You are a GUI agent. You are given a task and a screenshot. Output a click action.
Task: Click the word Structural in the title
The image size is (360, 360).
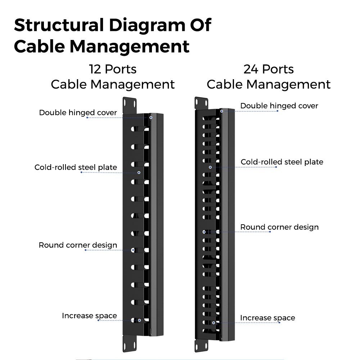click(x=59, y=25)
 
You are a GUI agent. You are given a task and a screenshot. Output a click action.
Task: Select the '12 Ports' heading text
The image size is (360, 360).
click(x=113, y=69)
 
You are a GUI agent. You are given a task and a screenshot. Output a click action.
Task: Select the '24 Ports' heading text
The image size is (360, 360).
click(x=269, y=69)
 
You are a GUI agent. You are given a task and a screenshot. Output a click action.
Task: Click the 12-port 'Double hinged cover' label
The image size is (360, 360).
click(x=78, y=112)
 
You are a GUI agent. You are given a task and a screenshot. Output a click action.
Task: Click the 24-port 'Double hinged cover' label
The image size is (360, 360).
click(x=279, y=105)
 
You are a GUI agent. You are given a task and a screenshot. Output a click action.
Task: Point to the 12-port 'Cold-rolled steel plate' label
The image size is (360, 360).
click(x=76, y=167)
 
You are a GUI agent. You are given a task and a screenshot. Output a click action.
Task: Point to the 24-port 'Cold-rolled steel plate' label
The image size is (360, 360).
click(x=282, y=162)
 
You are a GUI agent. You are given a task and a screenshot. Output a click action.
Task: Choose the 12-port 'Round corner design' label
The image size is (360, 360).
click(x=78, y=245)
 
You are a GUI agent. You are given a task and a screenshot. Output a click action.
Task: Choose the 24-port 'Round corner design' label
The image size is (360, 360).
click(x=279, y=227)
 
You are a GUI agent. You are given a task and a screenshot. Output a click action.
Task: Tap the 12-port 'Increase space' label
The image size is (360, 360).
click(x=89, y=316)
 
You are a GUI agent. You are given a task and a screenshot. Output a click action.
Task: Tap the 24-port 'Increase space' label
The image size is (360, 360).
click(x=267, y=318)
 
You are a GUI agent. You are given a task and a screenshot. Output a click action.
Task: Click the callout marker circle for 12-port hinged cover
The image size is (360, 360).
click(x=151, y=118)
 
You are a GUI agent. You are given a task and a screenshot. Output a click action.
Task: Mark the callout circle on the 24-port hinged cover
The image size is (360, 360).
click(x=221, y=111)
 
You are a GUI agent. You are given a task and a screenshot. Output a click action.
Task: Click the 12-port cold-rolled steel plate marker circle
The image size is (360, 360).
click(x=139, y=172)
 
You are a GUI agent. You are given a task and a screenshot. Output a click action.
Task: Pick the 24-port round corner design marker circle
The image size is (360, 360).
click(x=204, y=232)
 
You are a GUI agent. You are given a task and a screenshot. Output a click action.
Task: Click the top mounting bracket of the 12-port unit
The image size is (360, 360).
click(x=130, y=105)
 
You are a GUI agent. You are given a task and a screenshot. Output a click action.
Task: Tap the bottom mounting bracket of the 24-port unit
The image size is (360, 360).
click(x=201, y=346)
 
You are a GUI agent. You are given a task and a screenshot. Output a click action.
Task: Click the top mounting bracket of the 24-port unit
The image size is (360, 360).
click(x=201, y=103)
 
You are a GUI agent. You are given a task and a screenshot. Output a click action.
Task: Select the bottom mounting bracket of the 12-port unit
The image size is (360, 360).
click(x=130, y=343)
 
